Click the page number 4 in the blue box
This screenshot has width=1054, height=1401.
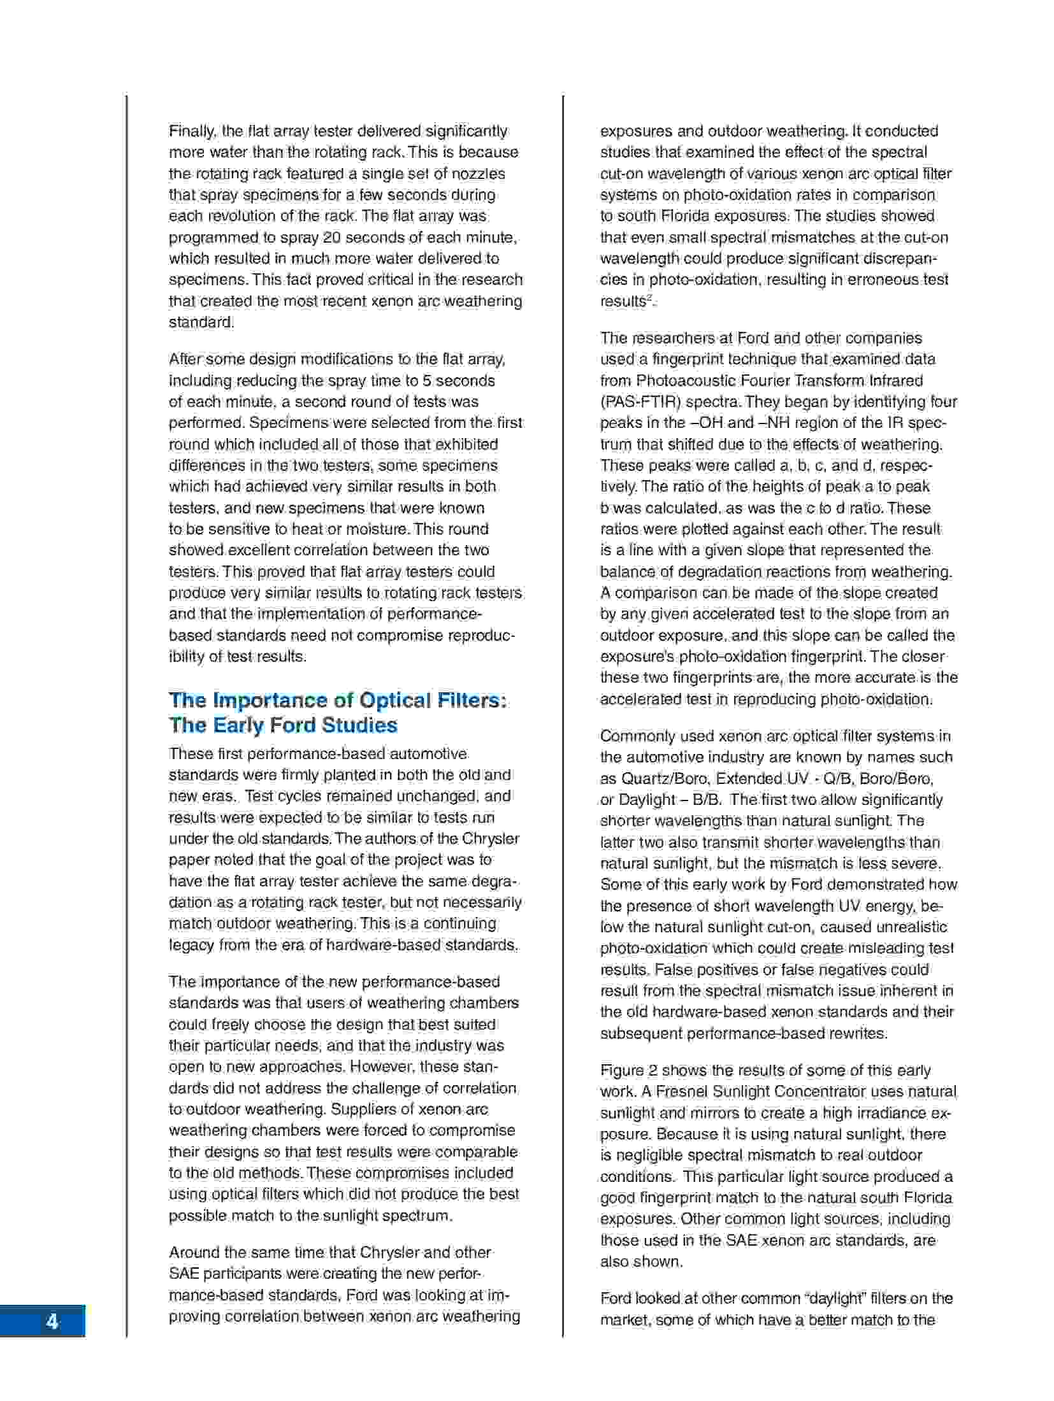click(x=52, y=1321)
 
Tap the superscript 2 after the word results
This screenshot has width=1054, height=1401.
click(x=649, y=297)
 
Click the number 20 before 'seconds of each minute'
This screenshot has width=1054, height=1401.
click(x=331, y=238)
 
